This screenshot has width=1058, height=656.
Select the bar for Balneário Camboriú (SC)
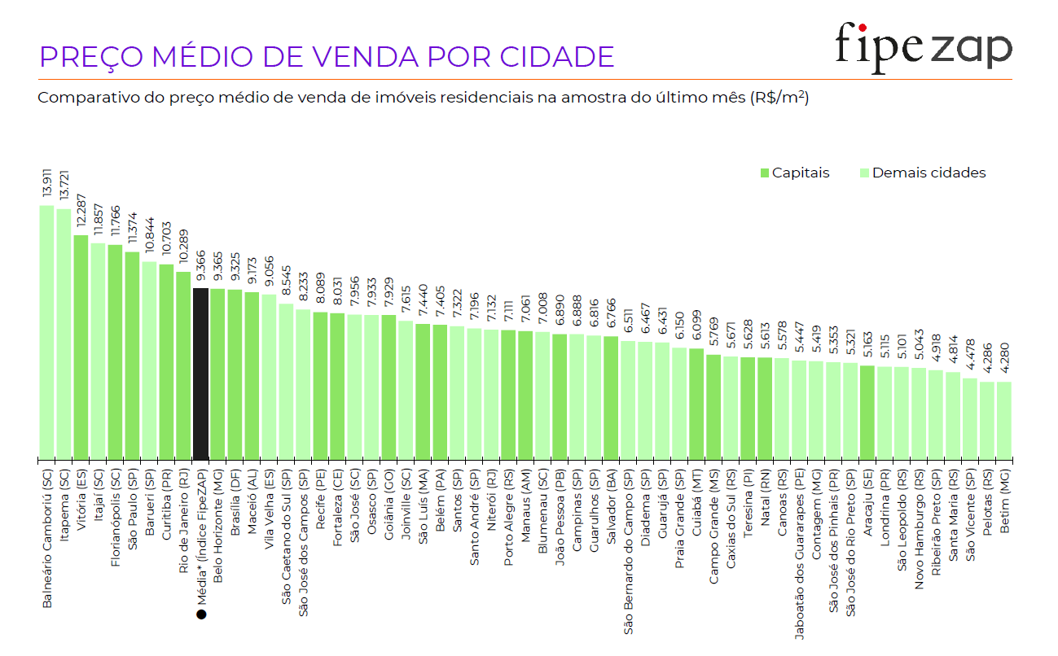(46, 332)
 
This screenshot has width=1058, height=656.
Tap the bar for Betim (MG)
(1004, 420)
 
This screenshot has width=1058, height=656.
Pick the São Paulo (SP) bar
(132, 356)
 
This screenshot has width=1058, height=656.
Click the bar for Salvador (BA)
(611, 397)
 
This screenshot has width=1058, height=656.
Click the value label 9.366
(201, 265)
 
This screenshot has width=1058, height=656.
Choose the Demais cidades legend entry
(923, 173)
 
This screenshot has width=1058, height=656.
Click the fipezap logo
(923, 48)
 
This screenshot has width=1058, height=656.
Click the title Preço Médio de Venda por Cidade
(327, 57)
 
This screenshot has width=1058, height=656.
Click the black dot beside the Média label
(201, 614)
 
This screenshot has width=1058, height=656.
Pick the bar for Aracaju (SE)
(867, 412)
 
